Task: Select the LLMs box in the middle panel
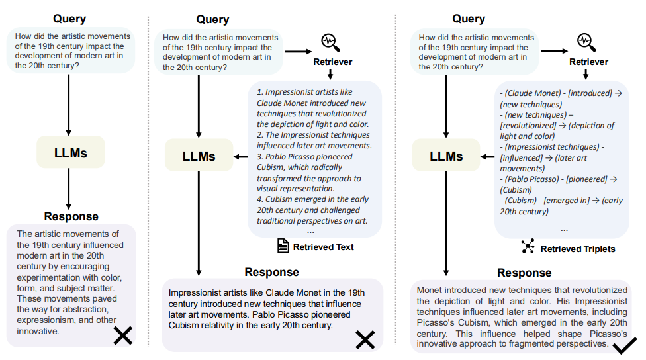click(199, 157)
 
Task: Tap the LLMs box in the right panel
click(445, 157)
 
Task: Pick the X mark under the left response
click(122, 336)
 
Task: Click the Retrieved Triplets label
click(578, 249)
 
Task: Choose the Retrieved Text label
click(323, 247)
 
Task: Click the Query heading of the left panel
click(69, 19)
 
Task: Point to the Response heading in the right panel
click(524, 273)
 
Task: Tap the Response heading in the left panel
click(71, 216)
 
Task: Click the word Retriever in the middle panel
click(332, 62)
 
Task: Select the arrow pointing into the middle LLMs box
click(240, 157)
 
